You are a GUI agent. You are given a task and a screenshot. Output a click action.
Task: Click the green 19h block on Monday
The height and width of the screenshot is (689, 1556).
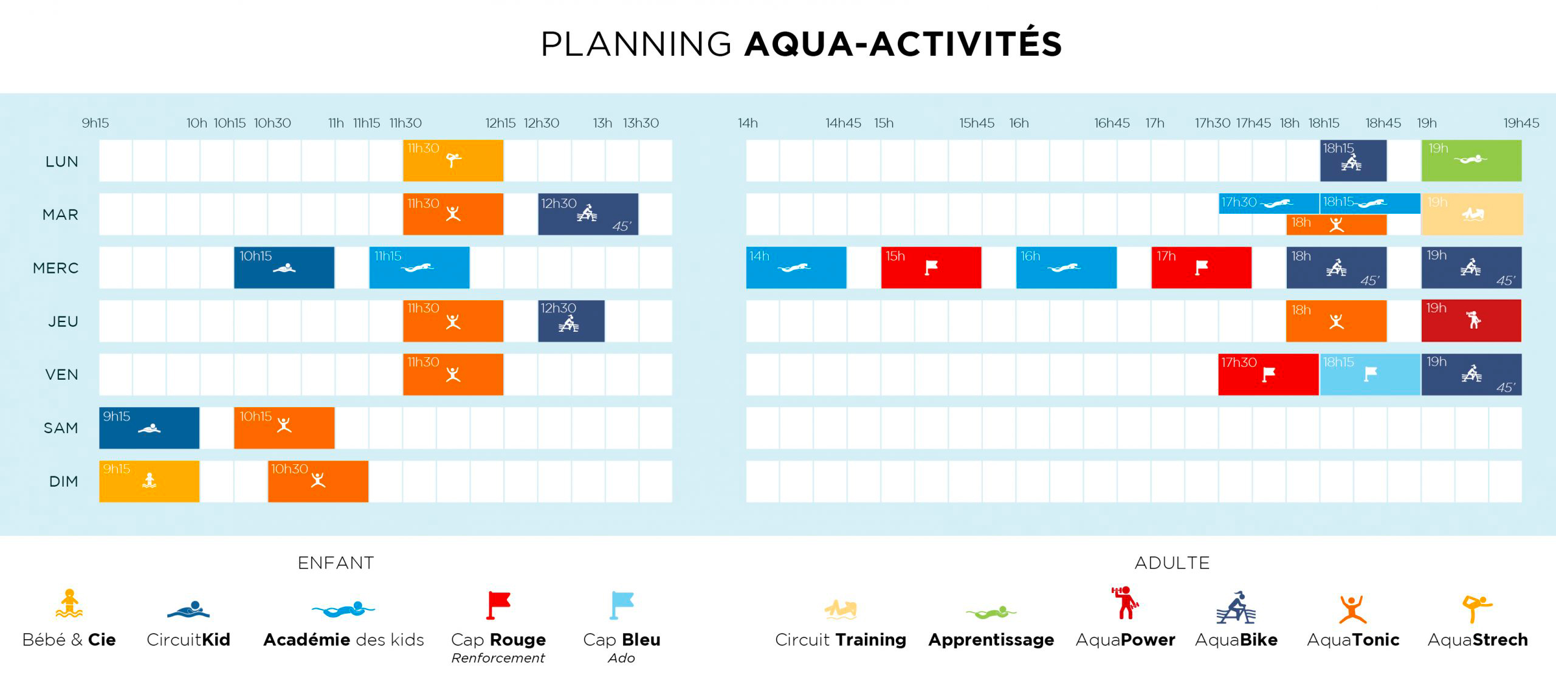1472,160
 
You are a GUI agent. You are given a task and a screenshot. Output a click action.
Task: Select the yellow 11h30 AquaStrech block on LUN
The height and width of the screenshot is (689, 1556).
453,160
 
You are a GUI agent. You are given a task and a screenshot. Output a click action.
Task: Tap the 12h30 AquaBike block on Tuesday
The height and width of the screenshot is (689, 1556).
588,214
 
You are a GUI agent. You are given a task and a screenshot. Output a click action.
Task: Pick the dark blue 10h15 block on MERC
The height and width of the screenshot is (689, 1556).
284,267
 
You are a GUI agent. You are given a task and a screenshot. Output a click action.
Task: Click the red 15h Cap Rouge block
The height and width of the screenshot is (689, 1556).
931,267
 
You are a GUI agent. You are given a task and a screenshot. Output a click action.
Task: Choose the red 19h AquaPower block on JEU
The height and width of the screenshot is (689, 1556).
1472,321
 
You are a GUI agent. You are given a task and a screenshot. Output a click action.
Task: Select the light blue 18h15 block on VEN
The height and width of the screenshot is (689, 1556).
1370,374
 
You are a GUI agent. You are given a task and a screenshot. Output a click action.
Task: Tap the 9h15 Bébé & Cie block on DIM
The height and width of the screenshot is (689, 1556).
149,481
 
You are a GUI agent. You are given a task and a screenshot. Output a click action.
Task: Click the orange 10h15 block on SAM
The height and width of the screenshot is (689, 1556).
284,428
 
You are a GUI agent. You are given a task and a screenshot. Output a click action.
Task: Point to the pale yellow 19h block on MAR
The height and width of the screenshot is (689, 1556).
1472,214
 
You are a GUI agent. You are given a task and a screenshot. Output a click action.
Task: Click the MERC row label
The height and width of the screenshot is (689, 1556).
56,268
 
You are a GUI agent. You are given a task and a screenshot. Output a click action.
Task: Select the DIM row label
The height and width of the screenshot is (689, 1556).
64,482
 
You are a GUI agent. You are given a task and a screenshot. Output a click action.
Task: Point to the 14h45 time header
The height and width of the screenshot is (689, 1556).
843,123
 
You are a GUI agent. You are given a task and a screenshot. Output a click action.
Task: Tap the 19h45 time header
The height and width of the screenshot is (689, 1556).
1521,123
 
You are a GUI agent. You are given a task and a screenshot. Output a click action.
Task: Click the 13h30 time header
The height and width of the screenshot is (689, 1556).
641,123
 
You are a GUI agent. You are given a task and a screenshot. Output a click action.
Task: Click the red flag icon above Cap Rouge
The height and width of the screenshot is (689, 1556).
498,605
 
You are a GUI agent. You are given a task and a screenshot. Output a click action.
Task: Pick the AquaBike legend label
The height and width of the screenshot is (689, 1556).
1236,640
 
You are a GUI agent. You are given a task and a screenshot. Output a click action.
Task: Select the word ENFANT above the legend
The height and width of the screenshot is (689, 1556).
336,563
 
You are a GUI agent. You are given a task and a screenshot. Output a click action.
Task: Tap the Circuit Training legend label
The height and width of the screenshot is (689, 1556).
841,640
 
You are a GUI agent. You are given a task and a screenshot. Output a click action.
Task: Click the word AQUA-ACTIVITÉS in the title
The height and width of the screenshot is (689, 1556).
903,44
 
